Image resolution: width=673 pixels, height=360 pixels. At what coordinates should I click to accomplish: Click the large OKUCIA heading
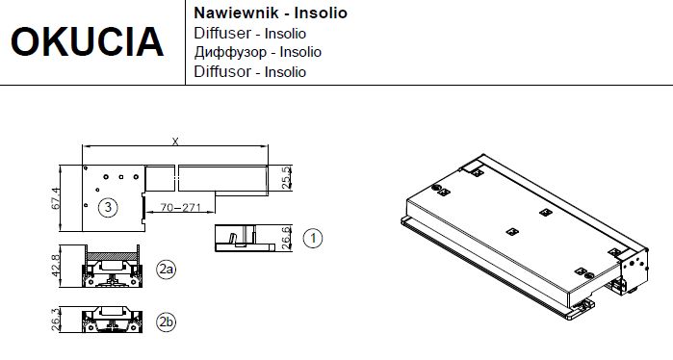pyautogui.click(x=87, y=41)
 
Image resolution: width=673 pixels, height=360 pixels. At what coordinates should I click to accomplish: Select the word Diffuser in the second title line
pyautogui.click(x=222, y=33)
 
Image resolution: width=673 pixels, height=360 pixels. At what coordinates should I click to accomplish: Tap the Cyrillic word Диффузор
pyautogui.click(x=230, y=52)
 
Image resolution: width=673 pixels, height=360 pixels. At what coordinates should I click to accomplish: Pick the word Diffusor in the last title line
pyautogui.click(x=222, y=71)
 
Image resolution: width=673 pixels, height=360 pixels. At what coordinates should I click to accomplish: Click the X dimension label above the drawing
pyautogui.click(x=175, y=141)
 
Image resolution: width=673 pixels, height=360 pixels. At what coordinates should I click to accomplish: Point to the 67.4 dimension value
pyautogui.click(x=56, y=198)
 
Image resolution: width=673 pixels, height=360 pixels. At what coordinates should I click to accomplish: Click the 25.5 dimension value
pyautogui.click(x=287, y=178)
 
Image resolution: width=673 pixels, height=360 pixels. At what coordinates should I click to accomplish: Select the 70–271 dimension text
pyautogui.click(x=181, y=207)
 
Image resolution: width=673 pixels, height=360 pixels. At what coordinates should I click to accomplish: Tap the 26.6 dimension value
pyautogui.click(x=287, y=238)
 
